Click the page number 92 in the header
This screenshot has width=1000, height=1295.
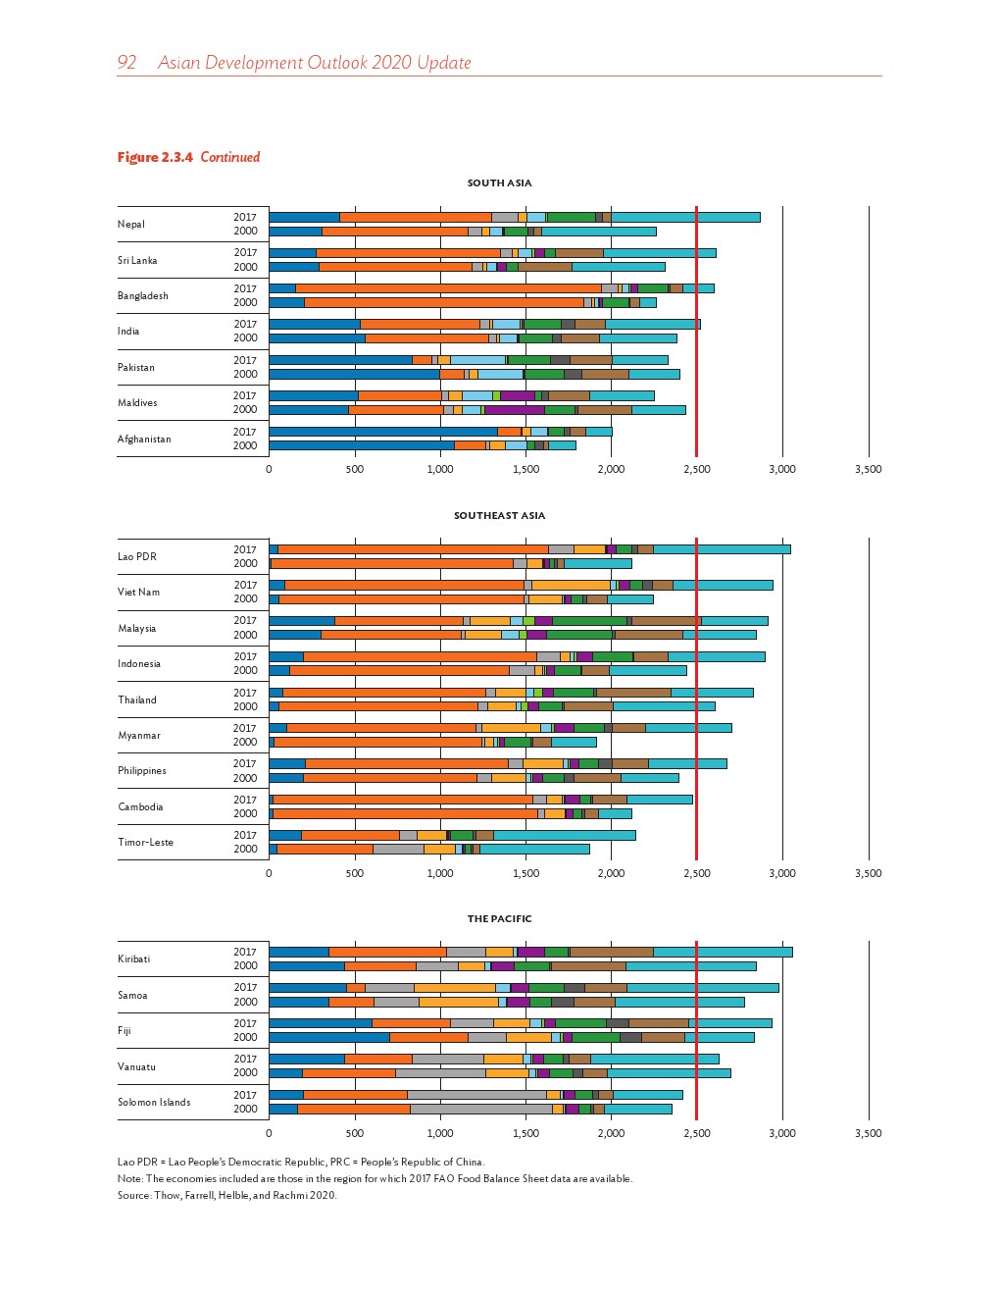(126, 63)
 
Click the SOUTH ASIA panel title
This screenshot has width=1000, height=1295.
(499, 183)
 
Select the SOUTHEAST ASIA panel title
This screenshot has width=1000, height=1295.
(499, 516)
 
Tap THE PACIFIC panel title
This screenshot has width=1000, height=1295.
(499, 919)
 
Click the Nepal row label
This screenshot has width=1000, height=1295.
(131, 225)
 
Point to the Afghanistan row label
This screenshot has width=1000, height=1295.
(144, 440)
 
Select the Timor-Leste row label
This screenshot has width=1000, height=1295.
(145, 843)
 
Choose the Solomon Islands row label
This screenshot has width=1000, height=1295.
(154, 1103)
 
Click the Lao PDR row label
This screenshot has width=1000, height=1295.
(137, 557)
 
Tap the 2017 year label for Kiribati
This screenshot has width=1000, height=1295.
(245, 952)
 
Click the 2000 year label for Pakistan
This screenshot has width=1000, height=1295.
(245, 374)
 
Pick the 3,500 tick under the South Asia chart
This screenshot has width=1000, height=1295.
(868, 470)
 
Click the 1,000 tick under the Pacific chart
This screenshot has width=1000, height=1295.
(440, 1134)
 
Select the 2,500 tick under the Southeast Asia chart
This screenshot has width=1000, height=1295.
(696, 874)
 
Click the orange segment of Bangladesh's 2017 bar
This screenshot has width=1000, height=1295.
(448, 288)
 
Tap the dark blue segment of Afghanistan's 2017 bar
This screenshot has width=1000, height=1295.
(382, 432)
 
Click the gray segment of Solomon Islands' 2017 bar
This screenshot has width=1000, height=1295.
(476, 1095)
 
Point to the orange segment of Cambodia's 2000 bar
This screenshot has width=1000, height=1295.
(405, 813)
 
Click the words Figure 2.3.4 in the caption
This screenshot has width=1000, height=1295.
(155, 157)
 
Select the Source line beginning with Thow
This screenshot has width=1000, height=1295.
(227, 1196)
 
